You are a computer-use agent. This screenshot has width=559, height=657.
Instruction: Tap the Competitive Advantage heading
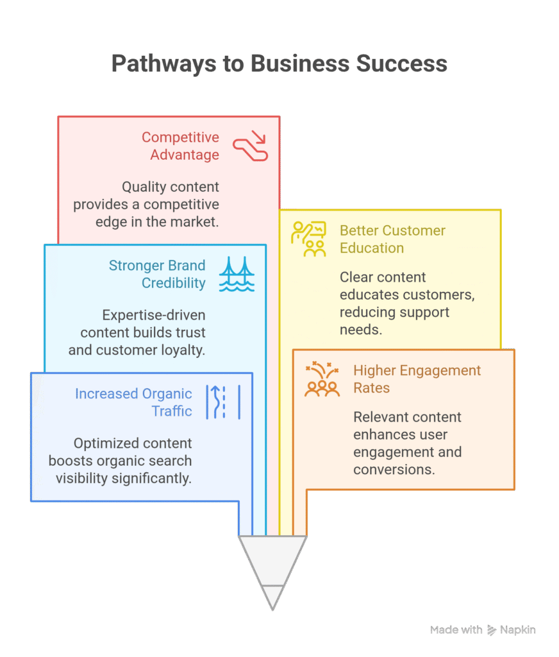point(180,146)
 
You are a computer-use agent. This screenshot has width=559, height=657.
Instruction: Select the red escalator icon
point(250,146)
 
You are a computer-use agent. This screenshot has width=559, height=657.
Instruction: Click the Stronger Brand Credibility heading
point(157,274)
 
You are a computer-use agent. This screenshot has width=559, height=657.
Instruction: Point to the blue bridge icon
point(237,274)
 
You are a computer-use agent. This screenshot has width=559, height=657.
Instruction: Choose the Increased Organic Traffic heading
point(133,402)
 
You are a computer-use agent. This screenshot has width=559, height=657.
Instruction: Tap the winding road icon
point(223,402)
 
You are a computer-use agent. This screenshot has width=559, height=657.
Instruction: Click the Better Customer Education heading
point(392,239)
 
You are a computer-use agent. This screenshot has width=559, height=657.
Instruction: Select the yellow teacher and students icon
point(308,239)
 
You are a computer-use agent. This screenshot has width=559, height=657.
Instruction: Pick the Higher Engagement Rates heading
point(417,379)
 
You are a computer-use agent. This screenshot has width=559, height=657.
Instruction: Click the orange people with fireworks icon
point(322,379)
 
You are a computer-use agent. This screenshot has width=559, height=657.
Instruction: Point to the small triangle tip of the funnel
point(273,597)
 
